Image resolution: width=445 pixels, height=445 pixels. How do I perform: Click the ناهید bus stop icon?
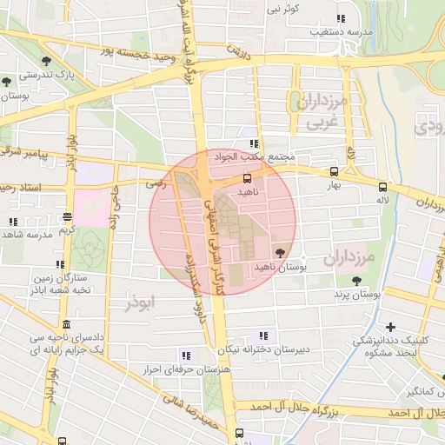(248, 177)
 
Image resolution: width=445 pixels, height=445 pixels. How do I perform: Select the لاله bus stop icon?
(382, 186)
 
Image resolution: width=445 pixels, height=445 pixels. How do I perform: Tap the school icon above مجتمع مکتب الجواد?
(254, 144)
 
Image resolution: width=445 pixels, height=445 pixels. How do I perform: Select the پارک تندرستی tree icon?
(57, 62)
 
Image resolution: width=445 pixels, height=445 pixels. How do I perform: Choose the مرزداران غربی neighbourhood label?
(326, 113)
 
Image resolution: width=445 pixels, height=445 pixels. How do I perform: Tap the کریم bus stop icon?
(66, 219)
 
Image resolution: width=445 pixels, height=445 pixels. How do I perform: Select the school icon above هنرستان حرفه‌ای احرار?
(185, 355)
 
